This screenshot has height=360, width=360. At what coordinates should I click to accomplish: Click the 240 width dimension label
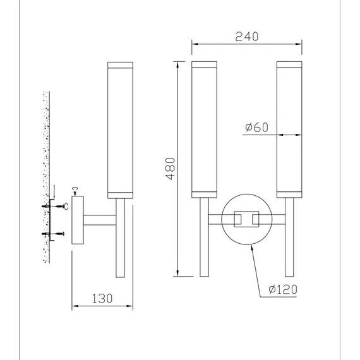pyautogui.click(x=247, y=37)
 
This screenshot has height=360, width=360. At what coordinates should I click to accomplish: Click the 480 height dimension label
pyautogui.click(x=170, y=169)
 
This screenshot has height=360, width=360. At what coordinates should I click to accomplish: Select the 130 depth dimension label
pyautogui.click(x=102, y=299)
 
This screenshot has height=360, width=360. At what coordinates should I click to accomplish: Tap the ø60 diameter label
pyautogui.click(x=256, y=127)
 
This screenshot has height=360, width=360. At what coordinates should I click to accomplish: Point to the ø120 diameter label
pyautogui.click(x=283, y=289)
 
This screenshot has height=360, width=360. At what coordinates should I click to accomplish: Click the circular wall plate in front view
pyautogui.click(x=222, y=219)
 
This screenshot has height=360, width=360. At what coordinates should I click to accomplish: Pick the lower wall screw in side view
pyautogui.click(x=53, y=234)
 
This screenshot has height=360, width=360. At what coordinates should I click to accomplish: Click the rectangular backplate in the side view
pyautogui.click(x=78, y=220)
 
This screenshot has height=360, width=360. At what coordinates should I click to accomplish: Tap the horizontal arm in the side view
pyautogui.click(x=100, y=220)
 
